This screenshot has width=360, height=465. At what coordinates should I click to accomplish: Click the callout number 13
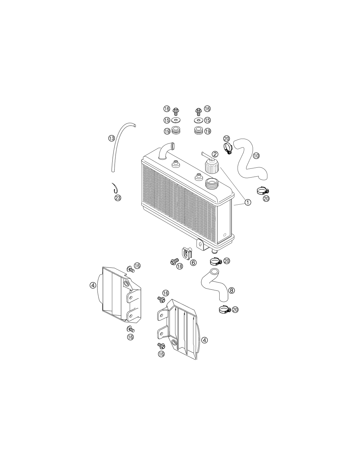point(111,138)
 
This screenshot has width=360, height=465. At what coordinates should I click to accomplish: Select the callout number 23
point(117,198)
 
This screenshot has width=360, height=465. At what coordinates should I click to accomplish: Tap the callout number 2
point(215,154)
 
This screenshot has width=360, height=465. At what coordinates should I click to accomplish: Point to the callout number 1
point(248,202)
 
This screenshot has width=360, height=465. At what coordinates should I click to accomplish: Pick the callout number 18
point(180,266)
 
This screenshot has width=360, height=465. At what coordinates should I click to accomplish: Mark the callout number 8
point(231,290)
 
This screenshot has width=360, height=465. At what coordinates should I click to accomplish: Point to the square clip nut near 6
point(187,253)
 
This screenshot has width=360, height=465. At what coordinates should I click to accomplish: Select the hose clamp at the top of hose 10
point(228,148)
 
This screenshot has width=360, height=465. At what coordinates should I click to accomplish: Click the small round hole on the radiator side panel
point(224,235)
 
